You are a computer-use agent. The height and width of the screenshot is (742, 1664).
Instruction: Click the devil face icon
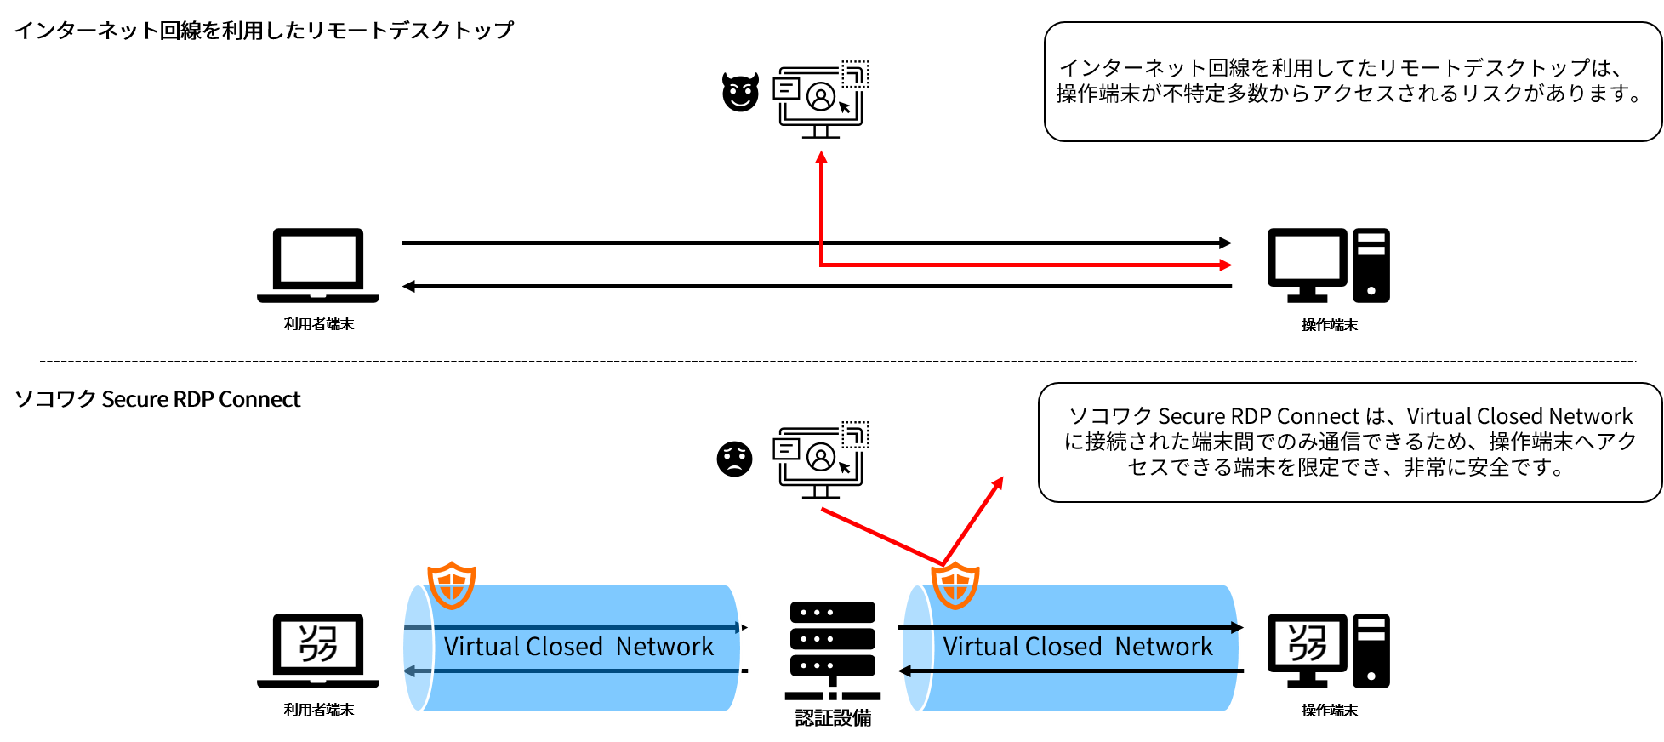[740, 92]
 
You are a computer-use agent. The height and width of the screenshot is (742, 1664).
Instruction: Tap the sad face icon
[734, 459]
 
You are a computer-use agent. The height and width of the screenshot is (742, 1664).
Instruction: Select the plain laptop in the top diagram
[318, 265]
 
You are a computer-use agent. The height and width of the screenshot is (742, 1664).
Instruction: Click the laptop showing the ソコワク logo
[318, 650]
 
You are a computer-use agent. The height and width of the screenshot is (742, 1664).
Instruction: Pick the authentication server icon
[833, 651]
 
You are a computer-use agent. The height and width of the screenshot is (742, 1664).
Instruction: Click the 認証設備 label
[833, 718]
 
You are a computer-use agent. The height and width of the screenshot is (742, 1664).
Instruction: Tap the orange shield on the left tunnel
[451, 585]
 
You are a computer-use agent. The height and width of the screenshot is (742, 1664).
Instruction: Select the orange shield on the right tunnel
[955, 585]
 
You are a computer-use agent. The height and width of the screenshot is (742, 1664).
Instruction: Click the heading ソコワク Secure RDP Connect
[157, 399]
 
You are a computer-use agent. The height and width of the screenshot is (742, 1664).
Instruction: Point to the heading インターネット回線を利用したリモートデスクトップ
[265, 31]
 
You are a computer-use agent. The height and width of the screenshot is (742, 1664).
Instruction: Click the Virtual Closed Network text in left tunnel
[578, 647]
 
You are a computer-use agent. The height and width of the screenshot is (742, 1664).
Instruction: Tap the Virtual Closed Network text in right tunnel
[1078, 647]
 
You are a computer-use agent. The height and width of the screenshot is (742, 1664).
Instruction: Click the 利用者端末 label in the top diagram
[319, 324]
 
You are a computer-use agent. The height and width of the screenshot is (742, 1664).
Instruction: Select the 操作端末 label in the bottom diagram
[1330, 711]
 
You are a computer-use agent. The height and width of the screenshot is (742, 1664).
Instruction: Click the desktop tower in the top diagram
[1371, 265]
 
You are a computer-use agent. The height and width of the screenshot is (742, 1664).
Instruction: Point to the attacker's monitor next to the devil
[821, 100]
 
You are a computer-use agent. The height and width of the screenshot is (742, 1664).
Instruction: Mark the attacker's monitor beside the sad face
[821, 459]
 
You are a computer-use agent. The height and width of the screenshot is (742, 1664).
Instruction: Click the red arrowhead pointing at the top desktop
[1226, 265]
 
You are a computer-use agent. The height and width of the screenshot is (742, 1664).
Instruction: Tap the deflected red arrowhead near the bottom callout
[998, 483]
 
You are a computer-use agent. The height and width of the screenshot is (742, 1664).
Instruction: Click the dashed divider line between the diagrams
[838, 362]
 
